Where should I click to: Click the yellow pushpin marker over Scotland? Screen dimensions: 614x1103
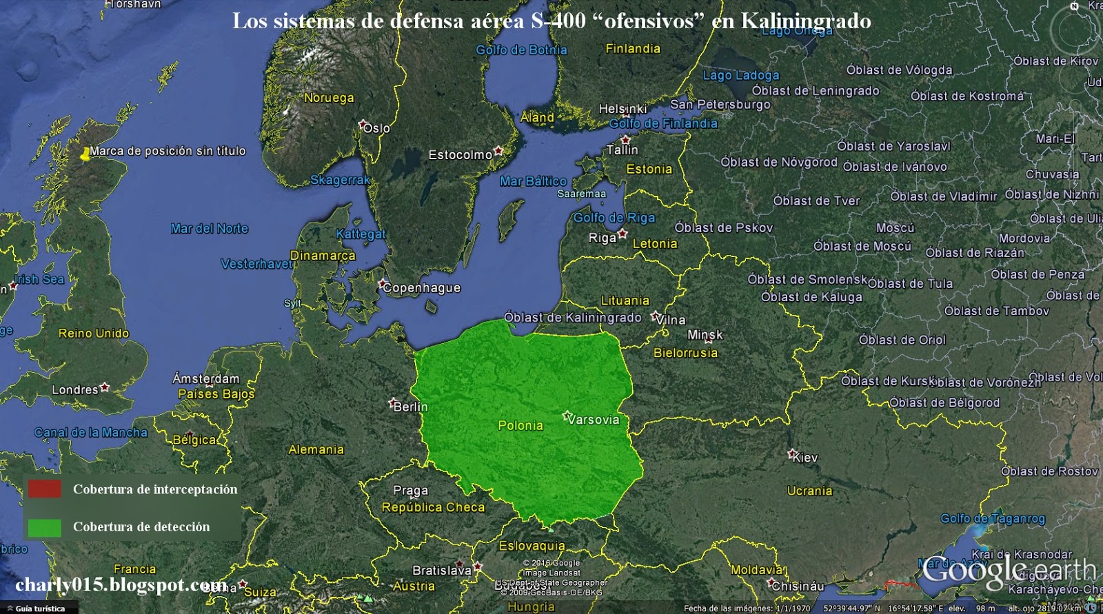85,154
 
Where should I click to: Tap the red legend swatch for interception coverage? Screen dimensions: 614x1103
45,489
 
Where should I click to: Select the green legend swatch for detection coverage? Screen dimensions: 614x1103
45,527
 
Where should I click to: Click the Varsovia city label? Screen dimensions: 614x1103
593,419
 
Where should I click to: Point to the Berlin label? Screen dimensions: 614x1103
411,407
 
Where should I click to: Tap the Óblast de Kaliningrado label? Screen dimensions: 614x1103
573,317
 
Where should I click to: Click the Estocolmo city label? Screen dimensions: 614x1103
461,155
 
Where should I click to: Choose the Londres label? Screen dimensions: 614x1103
75,390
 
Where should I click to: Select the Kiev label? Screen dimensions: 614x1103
805,458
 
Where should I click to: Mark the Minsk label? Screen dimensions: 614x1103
705,335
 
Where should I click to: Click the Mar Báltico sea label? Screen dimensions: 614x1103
533,181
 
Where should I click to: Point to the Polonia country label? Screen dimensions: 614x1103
520,425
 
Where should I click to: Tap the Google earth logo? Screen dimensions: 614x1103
1009,571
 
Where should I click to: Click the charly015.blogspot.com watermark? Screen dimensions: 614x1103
121,585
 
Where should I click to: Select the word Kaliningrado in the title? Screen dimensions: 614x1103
806,21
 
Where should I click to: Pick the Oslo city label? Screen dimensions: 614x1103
376,128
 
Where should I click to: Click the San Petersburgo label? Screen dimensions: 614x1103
720,105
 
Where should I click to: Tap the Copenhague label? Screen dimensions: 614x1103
421,287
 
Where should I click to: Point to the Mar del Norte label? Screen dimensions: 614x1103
210,228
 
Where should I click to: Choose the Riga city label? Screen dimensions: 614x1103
603,238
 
